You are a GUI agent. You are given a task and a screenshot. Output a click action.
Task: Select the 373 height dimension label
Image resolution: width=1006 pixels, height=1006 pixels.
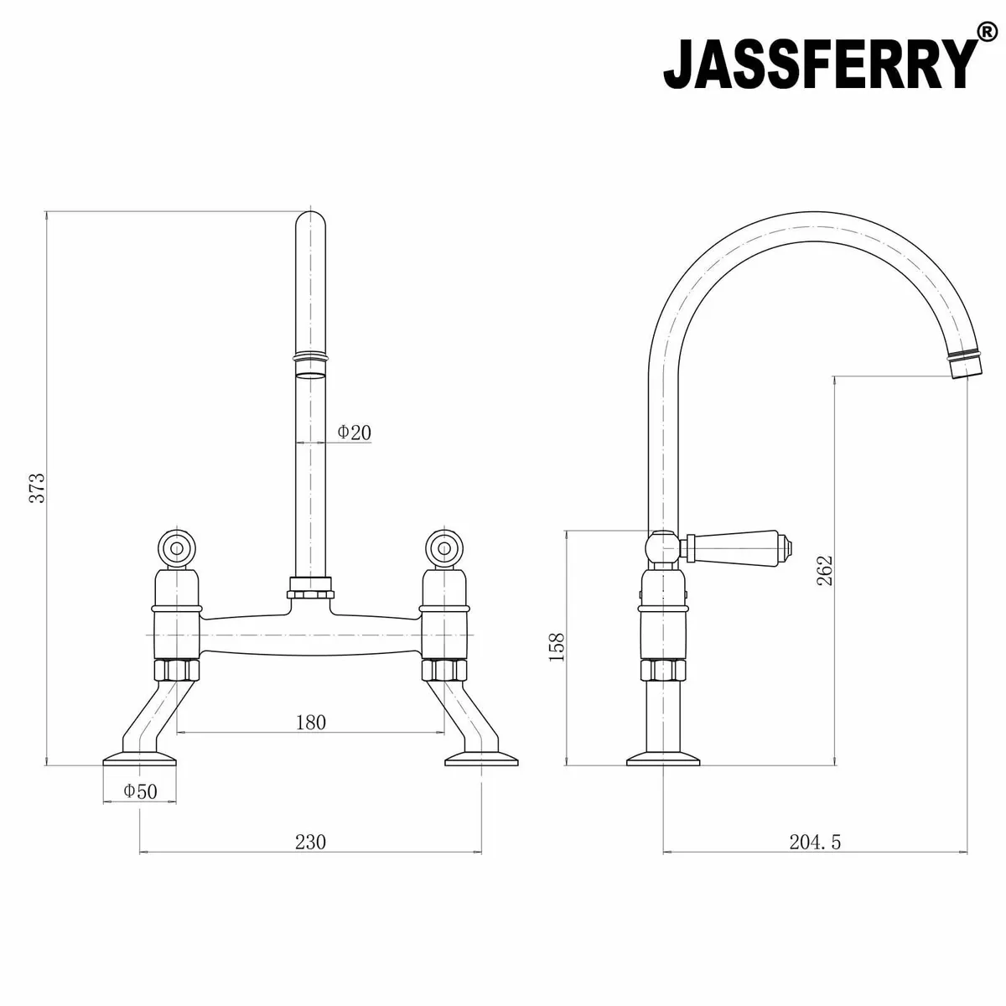coord(36,488)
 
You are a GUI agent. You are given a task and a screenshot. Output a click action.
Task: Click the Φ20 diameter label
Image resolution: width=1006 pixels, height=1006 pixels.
coord(354,433)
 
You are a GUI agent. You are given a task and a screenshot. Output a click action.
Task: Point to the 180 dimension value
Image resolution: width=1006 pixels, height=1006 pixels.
coord(310,722)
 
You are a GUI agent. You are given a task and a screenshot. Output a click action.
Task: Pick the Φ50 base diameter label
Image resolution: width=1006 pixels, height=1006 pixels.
coord(140,791)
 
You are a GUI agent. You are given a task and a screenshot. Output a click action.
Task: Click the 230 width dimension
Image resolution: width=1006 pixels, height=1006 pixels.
coord(310,842)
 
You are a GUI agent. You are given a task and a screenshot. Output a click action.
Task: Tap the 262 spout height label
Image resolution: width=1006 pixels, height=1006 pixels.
coord(825,570)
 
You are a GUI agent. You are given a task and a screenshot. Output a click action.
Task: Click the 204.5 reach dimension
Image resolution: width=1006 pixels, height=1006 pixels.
coord(814,842)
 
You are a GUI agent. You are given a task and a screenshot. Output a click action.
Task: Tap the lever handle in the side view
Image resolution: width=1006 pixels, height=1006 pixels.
coord(738,547)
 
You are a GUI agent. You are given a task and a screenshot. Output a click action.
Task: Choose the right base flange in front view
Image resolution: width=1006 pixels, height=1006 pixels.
coord(481,760)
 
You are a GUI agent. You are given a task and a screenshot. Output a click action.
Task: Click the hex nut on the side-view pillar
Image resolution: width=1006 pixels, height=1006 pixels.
coord(663,671)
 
